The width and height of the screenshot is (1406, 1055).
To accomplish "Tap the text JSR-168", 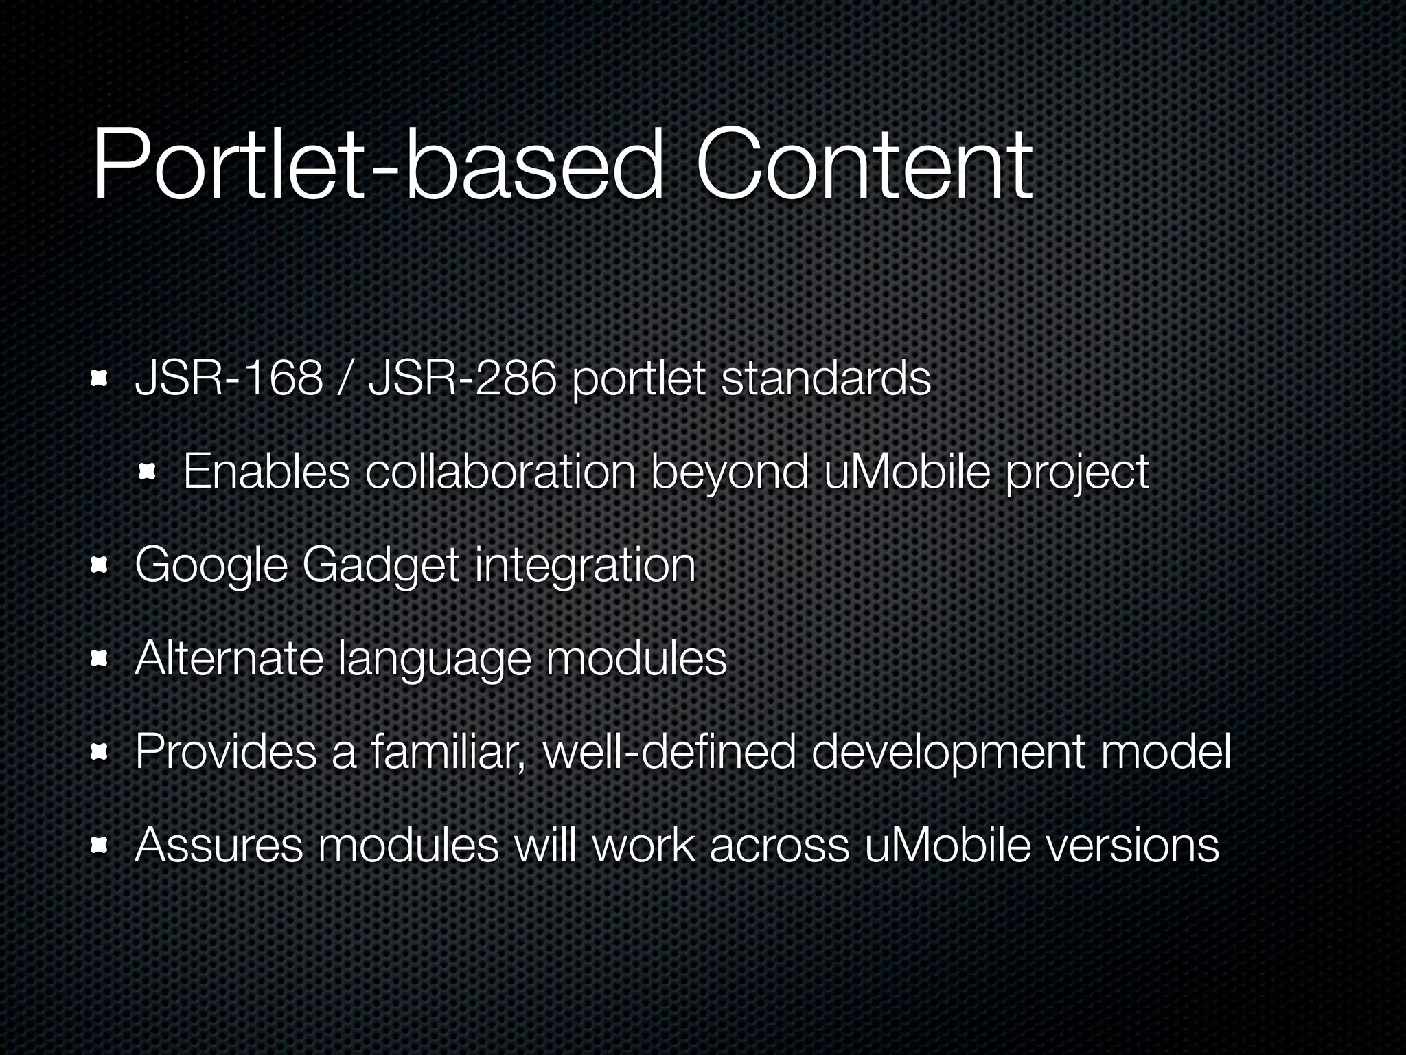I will point(229,378).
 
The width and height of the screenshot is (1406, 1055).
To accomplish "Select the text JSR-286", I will point(461,378).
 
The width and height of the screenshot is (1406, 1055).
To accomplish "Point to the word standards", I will point(825,378).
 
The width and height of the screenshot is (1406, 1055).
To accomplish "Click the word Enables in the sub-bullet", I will point(266,472).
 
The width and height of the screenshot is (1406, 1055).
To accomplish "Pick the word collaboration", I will point(500,472).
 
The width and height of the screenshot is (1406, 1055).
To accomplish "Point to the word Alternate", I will point(229,658).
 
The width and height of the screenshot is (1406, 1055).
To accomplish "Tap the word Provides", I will point(226,751).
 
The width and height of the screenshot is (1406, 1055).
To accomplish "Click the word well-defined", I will point(669,751).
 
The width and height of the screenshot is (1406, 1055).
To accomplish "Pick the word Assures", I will point(218,845).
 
